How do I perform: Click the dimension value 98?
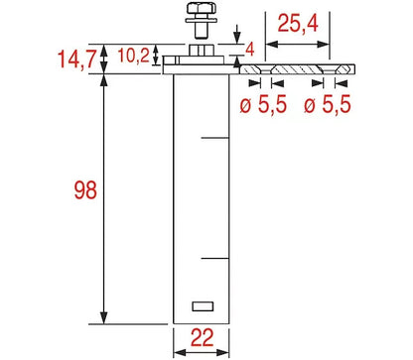[x=85, y=190]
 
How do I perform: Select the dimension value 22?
[x=203, y=338]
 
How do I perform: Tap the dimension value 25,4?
[x=298, y=24]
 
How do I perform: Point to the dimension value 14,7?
[x=76, y=60]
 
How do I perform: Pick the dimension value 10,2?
[x=134, y=56]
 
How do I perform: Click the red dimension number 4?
[x=250, y=50]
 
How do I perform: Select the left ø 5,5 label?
[x=263, y=104]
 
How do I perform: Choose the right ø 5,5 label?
[x=328, y=104]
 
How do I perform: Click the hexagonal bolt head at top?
[x=202, y=8]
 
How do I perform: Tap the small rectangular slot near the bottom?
[x=203, y=306]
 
